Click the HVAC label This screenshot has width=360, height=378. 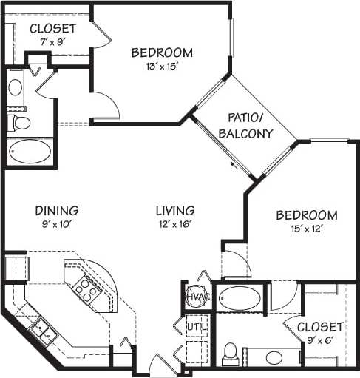tap(195, 297)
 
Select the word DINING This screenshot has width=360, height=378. tap(55, 210)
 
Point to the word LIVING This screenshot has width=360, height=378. tap(175, 210)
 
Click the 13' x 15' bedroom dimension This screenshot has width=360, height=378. tap(162, 66)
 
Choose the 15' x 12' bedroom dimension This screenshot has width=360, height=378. tap(306, 229)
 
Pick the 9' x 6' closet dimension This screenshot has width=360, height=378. tap(319, 340)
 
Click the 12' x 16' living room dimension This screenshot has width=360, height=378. tap(175, 224)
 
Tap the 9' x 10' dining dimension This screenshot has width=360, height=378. tap(55, 224)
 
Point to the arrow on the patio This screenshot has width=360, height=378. tap(235, 163)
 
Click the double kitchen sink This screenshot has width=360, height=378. tap(44, 331)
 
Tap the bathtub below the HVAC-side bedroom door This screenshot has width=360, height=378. tap(240, 299)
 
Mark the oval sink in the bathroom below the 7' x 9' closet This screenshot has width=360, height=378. tap(16, 87)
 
